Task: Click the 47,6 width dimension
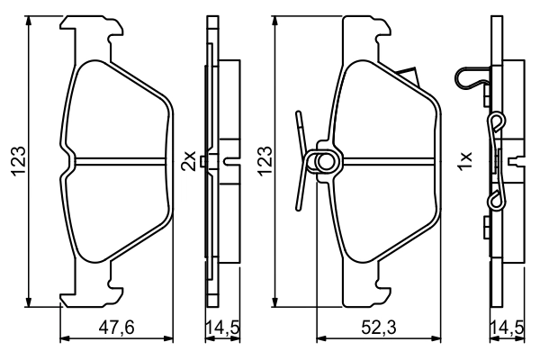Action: (116, 328)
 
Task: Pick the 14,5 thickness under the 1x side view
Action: (507, 328)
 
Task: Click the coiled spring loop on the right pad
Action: (322, 161)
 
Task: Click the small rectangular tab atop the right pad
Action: (409, 77)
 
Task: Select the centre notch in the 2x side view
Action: (230, 162)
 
